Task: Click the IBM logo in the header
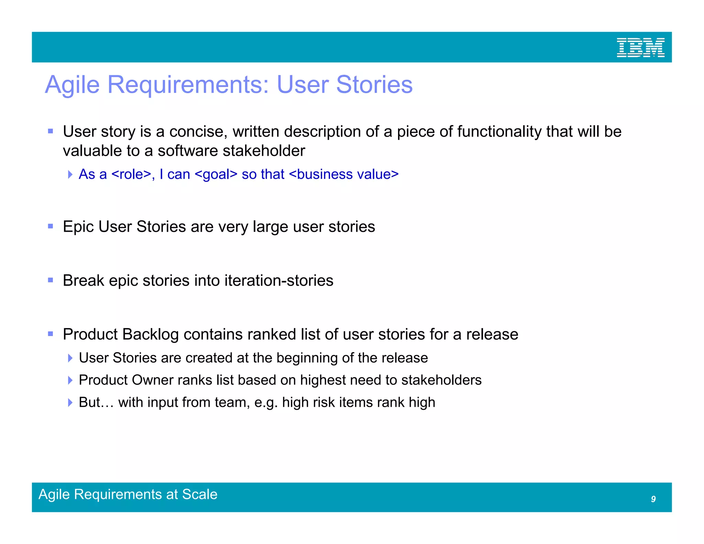(640, 48)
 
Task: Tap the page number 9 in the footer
(653, 499)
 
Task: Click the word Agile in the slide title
(73, 85)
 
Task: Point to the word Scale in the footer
(200, 494)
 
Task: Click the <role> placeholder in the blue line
(132, 174)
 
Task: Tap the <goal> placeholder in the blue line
(216, 174)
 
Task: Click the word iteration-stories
(279, 281)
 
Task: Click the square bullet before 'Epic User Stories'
(51, 226)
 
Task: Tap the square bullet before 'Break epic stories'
(51, 280)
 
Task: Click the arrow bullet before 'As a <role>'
(70, 174)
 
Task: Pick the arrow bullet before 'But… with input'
(70, 402)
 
